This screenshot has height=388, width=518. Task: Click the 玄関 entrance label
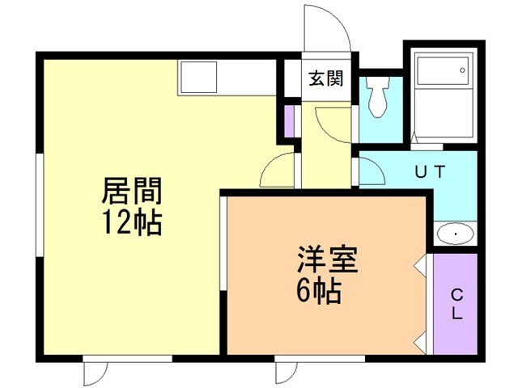(326, 78)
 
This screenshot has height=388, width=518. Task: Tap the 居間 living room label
(132, 191)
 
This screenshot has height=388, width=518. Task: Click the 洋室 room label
(327, 259)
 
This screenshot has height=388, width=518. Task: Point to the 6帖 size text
(319, 290)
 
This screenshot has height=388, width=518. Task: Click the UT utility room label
(430, 171)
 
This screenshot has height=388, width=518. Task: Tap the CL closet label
(456, 304)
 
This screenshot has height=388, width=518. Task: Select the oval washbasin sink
(455, 234)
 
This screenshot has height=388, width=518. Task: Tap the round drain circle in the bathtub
(462, 70)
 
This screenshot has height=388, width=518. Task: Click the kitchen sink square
(198, 78)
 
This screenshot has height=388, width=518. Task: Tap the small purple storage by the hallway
(290, 120)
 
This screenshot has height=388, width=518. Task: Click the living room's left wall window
(40, 205)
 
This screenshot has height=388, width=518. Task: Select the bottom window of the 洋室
(320, 359)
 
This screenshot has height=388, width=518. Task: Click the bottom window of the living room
(128, 359)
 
